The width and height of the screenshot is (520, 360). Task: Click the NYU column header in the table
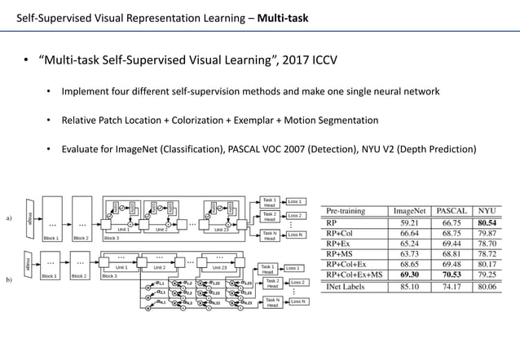tap(487, 210)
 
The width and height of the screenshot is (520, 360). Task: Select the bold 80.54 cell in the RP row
tap(487, 222)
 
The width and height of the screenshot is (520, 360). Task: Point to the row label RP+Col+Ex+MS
tap(354, 274)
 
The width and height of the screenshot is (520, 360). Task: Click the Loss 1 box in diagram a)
tap(295, 200)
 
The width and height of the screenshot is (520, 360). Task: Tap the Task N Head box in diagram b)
tap(271, 303)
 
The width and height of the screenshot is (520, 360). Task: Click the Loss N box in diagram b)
tap(298, 301)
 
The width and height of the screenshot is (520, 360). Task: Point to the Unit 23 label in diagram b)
tap(219, 267)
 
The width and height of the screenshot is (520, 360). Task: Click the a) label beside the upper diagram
tap(9, 218)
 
